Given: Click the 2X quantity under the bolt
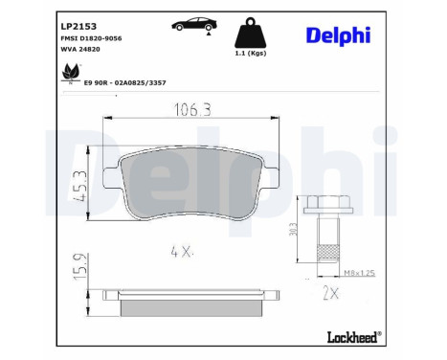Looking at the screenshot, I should (x=332, y=292).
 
